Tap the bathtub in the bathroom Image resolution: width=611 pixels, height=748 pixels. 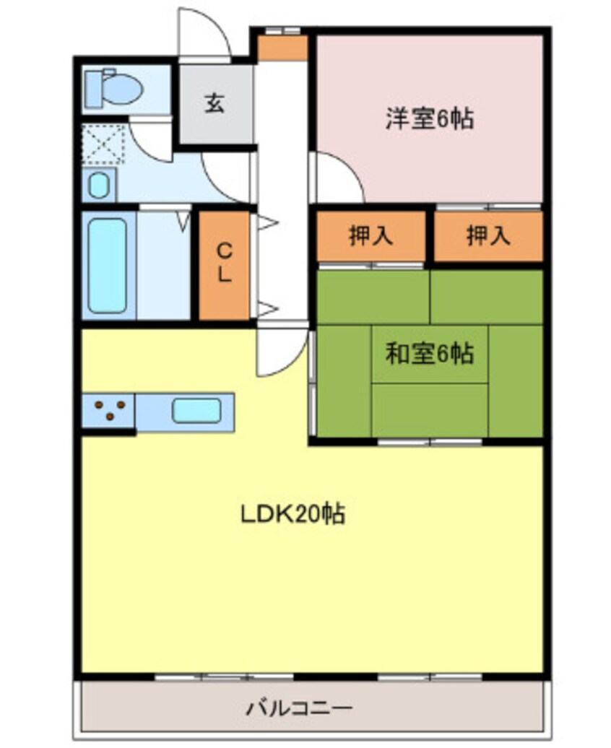(x=108, y=265)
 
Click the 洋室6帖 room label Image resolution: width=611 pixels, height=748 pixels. (x=429, y=118)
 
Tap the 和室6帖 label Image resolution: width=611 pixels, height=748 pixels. (x=429, y=354)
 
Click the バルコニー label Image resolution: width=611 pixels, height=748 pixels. (x=299, y=707)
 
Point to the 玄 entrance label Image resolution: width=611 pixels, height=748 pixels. (x=214, y=103)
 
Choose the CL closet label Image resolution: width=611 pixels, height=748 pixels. (x=225, y=264)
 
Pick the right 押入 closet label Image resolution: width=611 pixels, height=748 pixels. (x=489, y=236)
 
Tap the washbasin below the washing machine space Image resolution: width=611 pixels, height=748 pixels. (x=98, y=186)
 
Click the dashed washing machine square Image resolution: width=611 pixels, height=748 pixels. (x=103, y=144)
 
